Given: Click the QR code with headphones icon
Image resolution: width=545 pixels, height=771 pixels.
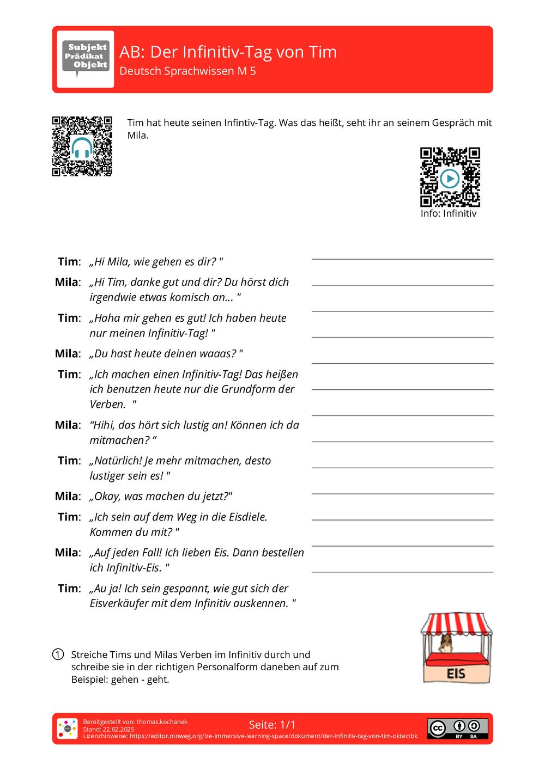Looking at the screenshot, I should click(82, 146).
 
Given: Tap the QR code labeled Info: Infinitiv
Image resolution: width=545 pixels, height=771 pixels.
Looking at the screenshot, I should click(450, 177).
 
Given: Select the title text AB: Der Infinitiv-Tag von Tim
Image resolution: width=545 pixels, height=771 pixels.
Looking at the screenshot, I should click(228, 52).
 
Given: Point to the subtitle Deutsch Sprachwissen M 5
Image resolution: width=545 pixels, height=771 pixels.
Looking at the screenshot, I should click(187, 71).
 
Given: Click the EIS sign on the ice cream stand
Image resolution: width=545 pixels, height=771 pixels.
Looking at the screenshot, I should click(456, 674).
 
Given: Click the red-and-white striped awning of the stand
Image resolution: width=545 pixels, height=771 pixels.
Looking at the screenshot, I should click(456, 623).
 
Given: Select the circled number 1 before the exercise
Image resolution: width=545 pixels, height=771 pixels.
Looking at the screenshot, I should click(58, 654).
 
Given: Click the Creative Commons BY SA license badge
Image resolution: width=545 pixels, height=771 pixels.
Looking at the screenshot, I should click(457, 729).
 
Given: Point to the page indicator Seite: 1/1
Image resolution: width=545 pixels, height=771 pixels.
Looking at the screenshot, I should click(272, 725).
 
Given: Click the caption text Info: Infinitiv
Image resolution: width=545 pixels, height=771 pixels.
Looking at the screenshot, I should click(448, 213).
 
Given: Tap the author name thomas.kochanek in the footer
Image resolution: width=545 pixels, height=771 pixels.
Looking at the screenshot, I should click(161, 721).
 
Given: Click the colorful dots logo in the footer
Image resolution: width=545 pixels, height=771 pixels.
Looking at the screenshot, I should click(67, 729).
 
